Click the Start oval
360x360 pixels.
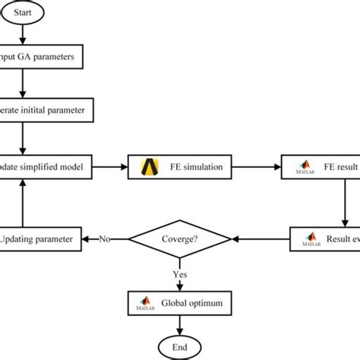(x=25, y=12)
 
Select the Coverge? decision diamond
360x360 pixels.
(x=180, y=240)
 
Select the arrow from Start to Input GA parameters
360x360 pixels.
(x=25, y=34)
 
